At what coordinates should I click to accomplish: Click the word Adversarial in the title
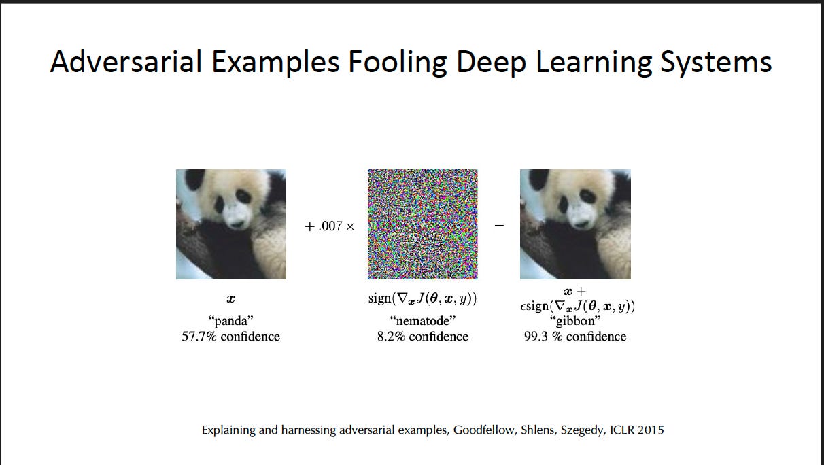(x=126, y=62)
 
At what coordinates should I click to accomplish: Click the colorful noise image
(x=422, y=224)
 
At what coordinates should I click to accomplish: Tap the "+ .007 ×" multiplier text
(x=330, y=226)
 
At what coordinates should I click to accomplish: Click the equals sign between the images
(x=499, y=226)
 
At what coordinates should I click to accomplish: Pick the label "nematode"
(x=422, y=321)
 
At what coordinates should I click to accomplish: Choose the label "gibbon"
(x=574, y=321)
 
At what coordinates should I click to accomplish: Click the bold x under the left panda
(x=230, y=298)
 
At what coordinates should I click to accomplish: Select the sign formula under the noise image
(x=422, y=298)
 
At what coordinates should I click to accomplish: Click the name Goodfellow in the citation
(x=484, y=430)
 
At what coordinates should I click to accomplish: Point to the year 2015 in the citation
(x=651, y=430)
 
